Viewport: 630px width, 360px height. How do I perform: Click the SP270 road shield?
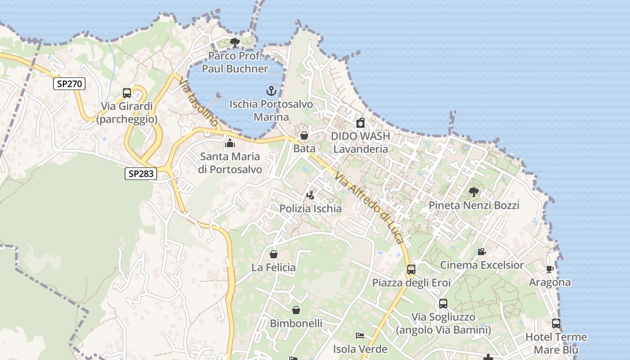69,83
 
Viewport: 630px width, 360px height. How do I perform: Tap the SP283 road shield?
140,174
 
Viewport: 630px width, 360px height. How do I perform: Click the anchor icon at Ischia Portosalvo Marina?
271,91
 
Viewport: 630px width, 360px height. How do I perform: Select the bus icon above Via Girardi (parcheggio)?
127,93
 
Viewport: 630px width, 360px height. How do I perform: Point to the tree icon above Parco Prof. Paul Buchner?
234,43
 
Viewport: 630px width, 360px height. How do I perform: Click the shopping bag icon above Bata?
304,135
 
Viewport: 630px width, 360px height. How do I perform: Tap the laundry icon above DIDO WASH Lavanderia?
360,123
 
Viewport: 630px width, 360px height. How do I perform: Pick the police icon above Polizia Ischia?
310,195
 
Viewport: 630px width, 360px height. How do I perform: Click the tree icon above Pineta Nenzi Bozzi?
474,192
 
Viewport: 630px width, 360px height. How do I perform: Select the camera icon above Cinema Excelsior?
481,252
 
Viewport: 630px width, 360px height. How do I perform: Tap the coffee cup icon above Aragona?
549,269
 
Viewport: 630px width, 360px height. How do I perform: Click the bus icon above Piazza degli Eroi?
411,270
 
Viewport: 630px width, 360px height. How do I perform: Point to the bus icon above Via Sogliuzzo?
443,304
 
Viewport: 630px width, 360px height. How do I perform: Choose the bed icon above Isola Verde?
360,336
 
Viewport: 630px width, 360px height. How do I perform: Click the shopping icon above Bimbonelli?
296,310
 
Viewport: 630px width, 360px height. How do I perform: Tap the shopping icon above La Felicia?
274,254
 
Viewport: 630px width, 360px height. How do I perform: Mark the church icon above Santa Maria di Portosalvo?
230,144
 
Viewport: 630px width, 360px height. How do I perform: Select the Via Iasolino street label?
198,103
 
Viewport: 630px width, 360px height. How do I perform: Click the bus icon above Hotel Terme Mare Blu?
556,324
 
